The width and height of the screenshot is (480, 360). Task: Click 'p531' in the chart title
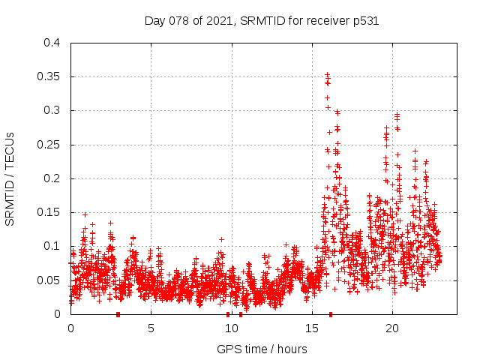coord(365,21)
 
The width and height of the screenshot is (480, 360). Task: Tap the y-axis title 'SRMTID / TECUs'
coord(10,178)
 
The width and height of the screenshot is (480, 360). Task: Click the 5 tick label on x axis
coord(151,328)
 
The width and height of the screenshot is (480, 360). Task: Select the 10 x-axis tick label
coord(231,328)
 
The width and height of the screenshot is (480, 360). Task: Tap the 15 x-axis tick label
coord(311,328)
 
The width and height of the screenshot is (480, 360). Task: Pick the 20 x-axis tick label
coord(391,328)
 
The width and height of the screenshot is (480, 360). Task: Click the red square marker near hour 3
coord(118,314)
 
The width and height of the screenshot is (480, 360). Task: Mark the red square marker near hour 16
coord(331,314)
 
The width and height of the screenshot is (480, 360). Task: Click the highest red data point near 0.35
coord(327,74)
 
